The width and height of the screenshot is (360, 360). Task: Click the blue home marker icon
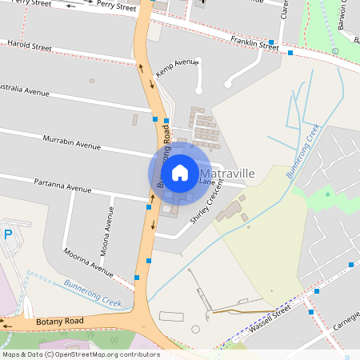179,172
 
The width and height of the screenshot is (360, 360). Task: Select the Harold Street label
29,47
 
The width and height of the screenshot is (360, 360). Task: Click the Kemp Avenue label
177,66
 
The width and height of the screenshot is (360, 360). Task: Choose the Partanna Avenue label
62,186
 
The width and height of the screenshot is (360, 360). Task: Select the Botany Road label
60,321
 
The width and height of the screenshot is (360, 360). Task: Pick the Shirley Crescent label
205,207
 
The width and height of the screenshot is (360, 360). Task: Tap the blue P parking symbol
8,234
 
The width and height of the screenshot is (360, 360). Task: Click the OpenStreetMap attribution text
81,354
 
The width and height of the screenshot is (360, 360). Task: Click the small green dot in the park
327,194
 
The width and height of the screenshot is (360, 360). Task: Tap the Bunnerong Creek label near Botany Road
92,294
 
